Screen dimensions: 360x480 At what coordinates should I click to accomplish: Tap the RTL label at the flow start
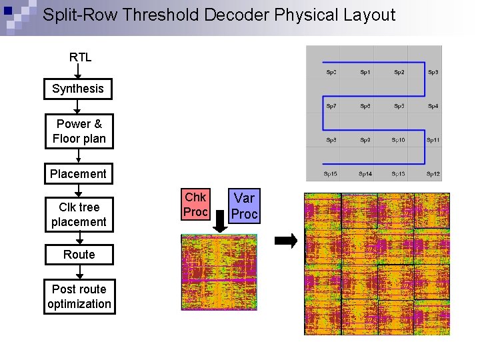[x=80, y=57]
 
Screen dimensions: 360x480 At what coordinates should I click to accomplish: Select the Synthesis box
[x=78, y=89]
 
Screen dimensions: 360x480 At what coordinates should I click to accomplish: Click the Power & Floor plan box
[x=79, y=131]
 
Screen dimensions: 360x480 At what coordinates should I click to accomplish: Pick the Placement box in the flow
[x=78, y=174]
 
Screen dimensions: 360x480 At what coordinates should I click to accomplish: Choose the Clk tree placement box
[x=79, y=215]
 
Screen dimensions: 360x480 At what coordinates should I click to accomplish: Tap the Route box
[x=79, y=255]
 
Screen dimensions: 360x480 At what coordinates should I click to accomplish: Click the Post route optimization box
[x=79, y=297]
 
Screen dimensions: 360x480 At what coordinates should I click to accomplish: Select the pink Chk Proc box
[x=195, y=205]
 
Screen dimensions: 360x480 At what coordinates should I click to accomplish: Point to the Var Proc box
[x=245, y=206]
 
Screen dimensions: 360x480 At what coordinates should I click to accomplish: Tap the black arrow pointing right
[x=287, y=241]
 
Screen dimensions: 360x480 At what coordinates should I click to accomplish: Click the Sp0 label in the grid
[x=331, y=72]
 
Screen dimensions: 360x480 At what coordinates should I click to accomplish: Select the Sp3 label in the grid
[x=433, y=72]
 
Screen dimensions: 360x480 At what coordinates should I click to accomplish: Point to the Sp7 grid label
[x=331, y=106]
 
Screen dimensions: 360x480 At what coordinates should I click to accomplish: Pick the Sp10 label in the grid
[x=399, y=140]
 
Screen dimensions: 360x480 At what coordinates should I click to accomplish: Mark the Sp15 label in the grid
[x=331, y=174]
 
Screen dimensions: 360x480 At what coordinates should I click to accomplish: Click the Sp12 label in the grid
[x=433, y=174]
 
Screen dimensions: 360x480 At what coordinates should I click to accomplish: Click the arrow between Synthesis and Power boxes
[x=78, y=107]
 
